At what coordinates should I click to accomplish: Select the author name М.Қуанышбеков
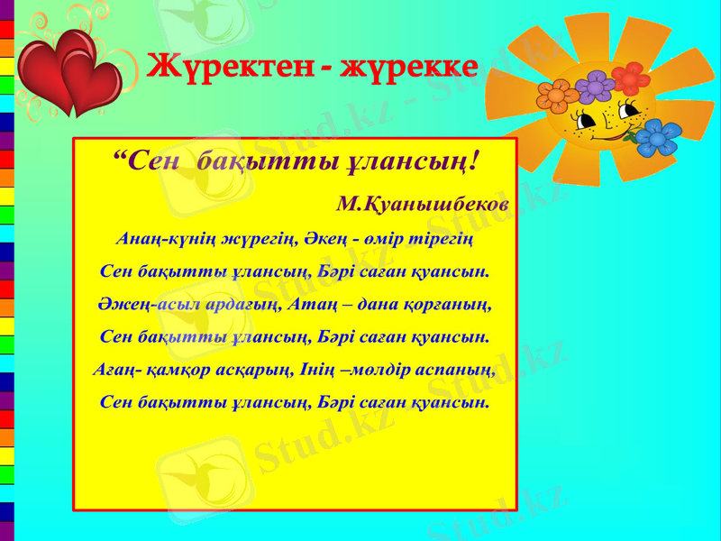(422, 205)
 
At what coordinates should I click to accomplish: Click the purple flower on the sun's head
(594, 87)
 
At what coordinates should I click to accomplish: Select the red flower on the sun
(630, 79)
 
